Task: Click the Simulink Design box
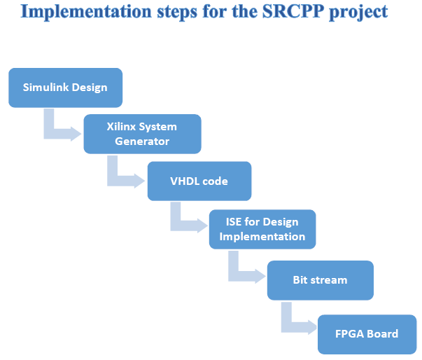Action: coord(65,88)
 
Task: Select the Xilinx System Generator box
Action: coord(142,134)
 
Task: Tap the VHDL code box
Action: coord(199,181)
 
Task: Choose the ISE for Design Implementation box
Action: coord(262,229)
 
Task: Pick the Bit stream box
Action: coord(320,279)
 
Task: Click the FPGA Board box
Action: coord(367,333)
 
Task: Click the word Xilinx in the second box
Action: coord(122,127)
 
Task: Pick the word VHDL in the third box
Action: coord(183,181)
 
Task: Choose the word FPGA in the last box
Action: coord(348,333)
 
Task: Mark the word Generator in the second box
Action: coord(142,141)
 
